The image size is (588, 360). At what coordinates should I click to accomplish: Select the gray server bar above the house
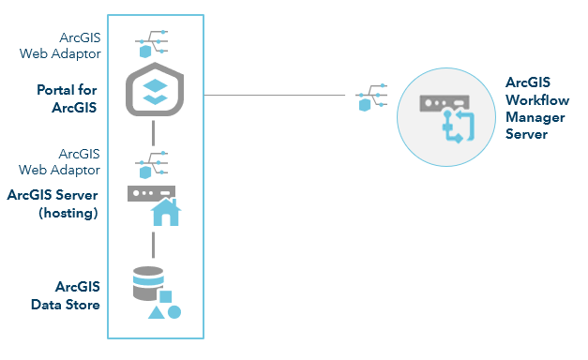coord(150,193)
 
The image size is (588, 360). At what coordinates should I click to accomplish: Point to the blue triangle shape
coord(157,311)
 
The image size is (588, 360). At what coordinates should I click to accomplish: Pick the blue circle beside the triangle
coord(174,311)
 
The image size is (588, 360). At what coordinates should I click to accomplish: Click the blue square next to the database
coord(166,296)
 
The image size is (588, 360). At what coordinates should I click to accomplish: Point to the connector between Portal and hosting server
coord(152,135)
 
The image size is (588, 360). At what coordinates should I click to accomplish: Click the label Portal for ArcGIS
coord(68,97)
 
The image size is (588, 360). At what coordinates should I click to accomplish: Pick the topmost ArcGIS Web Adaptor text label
coord(73,46)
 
